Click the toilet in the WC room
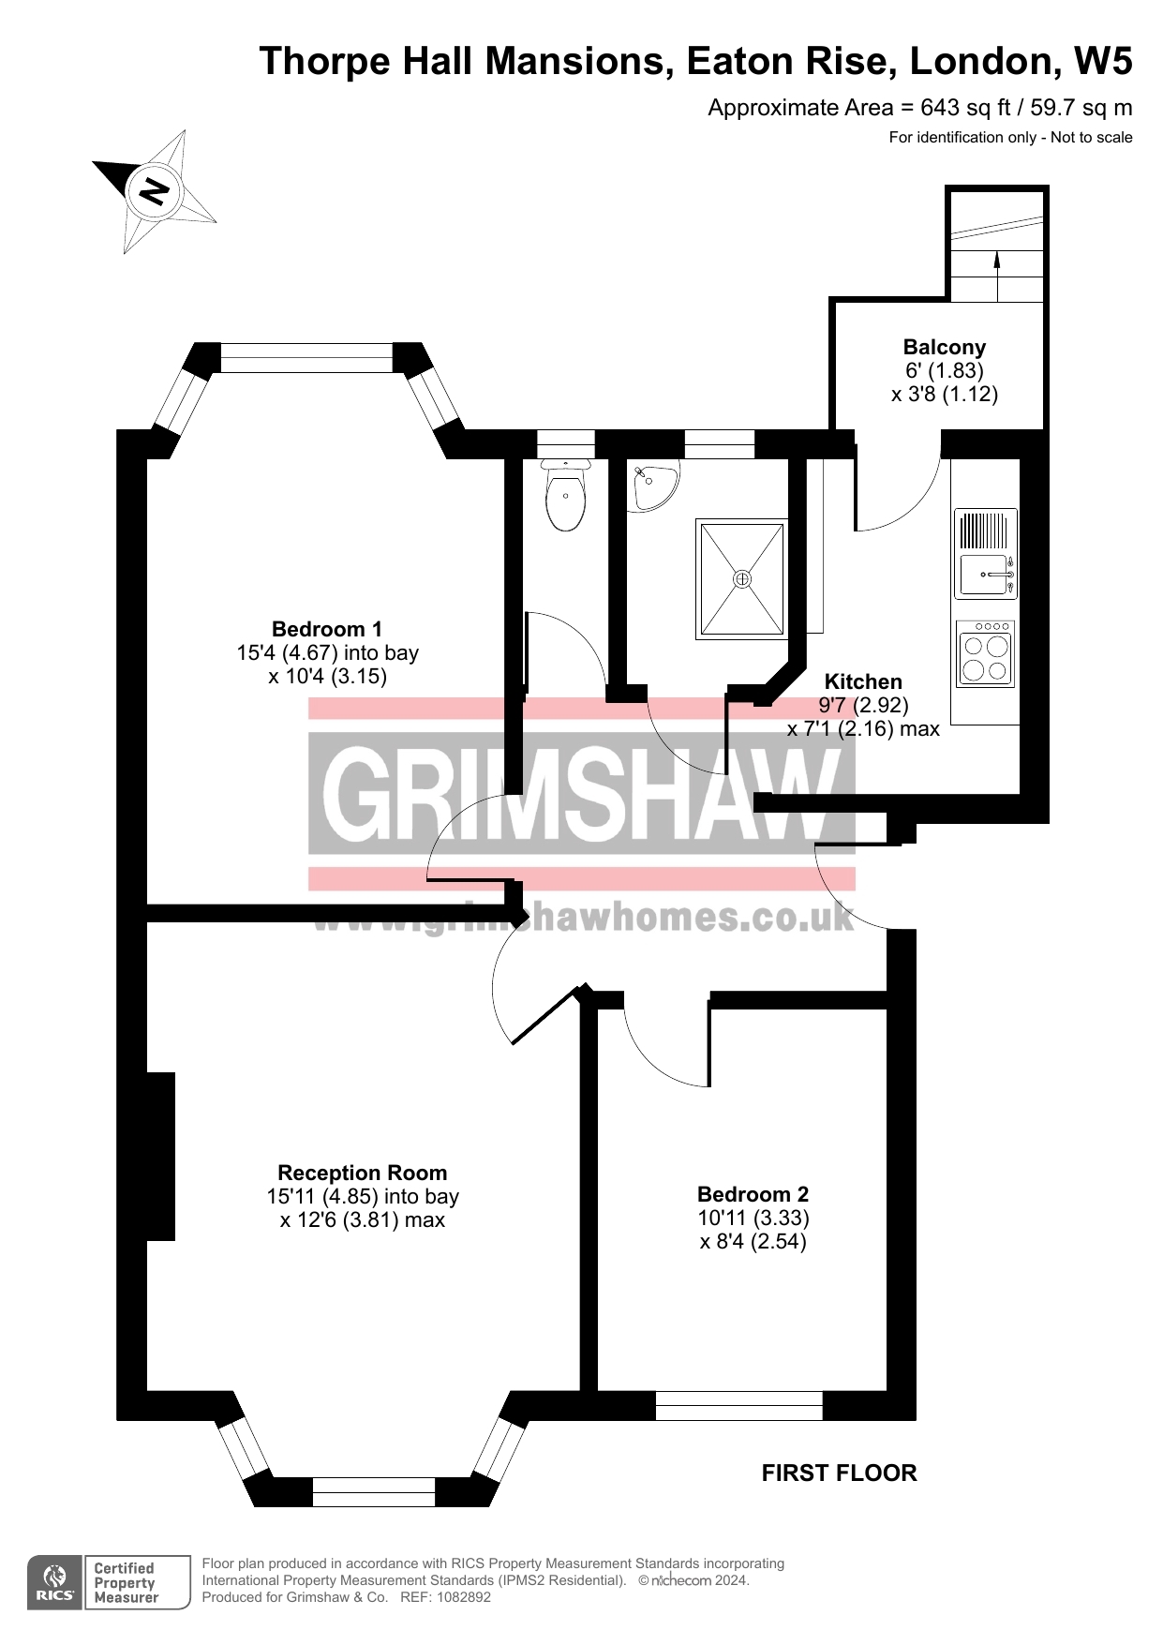566,496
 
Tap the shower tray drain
741,579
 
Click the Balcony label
944,348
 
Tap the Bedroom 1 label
326,629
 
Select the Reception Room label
362,1173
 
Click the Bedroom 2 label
753,1194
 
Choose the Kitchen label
862,682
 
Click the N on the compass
154,192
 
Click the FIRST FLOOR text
839,1473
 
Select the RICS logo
55,1582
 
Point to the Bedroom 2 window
738,1405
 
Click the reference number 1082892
459,1597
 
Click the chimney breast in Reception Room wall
160,1156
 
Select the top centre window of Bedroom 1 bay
306,358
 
